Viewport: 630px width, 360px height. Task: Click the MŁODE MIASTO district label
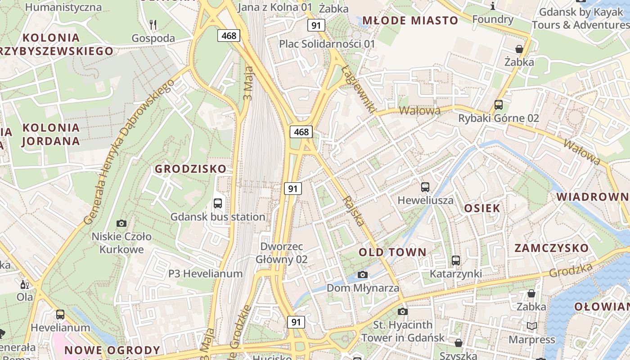point(410,20)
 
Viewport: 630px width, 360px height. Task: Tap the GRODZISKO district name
point(191,169)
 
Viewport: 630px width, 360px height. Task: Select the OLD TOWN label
point(392,252)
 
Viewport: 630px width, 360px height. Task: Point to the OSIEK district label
point(482,208)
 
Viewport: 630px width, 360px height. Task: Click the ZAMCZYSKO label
point(551,248)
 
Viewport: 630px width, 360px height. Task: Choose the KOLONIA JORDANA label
point(51,134)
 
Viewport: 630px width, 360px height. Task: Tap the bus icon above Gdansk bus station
point(218,203)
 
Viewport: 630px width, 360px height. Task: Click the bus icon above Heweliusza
point(425,187)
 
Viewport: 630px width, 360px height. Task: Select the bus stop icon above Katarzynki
point(456,260)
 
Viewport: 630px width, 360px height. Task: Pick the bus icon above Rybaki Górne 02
point(499,105)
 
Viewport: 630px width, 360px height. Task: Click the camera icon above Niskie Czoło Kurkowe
point(121,223)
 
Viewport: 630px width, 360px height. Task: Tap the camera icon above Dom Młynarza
point(363,274)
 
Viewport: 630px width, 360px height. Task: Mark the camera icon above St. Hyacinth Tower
point(403,311)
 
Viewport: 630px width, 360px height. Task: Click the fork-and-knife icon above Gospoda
point(153,25)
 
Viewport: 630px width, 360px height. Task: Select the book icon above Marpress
point(531,326)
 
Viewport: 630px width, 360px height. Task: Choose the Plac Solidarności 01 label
point(327,44)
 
